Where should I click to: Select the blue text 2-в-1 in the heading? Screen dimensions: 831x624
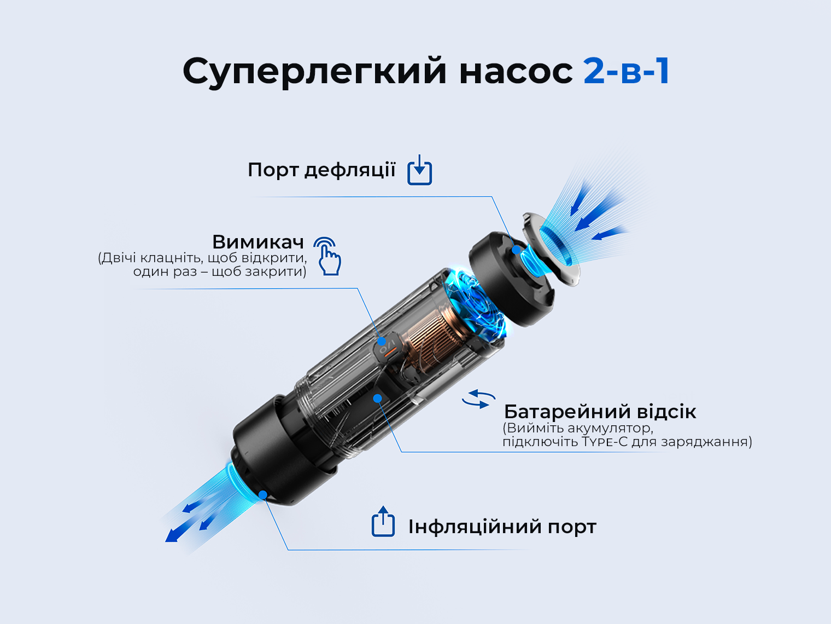(x=627, y=71)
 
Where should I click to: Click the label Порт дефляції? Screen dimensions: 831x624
(x=321, y=170)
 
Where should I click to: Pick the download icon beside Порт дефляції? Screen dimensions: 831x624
(x=419, y=170)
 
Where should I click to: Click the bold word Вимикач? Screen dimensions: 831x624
(x=258, y=242)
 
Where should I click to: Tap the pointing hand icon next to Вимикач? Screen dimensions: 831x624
(x=328, y=256)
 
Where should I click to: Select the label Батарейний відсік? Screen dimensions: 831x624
(x=600, y=412)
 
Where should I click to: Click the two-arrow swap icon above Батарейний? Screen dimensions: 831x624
(x=479, y=400)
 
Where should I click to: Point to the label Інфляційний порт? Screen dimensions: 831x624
(x=502, y=527)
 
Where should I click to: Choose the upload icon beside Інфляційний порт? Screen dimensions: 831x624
(x=383, y=521)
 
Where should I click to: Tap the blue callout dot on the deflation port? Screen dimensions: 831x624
(x=516, y=250)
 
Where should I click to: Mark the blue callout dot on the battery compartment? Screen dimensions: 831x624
(x=377, y=398)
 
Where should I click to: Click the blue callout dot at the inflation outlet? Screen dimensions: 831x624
(x=263, y=494)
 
